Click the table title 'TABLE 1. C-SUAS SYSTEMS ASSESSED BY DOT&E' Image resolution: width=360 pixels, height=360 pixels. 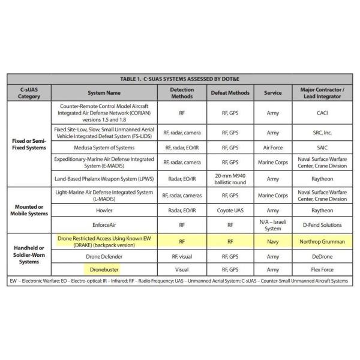point(180,79)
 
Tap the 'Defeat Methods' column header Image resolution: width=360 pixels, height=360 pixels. point(230,93)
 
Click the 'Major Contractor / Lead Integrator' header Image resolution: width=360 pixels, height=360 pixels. point(323,93)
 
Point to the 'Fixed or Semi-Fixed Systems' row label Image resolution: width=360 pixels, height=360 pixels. point(29,145)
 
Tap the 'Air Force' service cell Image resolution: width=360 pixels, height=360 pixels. point(272,148)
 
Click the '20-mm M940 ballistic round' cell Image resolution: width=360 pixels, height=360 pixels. point(230,178)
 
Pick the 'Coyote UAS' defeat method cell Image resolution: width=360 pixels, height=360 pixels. point(230,211)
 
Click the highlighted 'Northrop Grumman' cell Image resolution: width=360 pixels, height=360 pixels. point(323,241)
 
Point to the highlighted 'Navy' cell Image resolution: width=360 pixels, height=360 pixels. point(272,241)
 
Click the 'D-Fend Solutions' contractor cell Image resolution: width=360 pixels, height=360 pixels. point(323,225)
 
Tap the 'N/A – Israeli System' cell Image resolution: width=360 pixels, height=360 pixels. point(272,225)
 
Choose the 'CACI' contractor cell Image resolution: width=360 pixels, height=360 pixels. point(323,112)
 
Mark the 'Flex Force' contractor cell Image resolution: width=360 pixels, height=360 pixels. point(323,269)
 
